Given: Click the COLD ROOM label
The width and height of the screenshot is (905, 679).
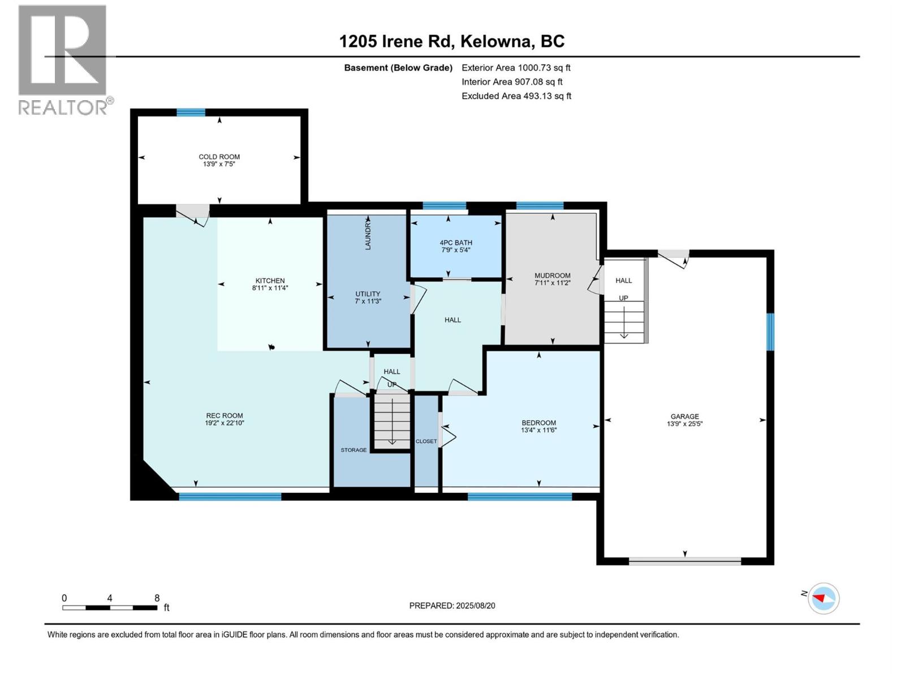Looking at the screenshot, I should (x=219, y=157).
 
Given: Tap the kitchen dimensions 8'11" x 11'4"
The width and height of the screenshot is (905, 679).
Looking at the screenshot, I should (x=270, y=288).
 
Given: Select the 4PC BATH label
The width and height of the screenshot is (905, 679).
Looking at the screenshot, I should (x=456, y=242).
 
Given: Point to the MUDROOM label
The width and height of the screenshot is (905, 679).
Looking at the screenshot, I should (x=552, y=276).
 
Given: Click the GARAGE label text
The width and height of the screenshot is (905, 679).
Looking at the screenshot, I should (x=684, y=416).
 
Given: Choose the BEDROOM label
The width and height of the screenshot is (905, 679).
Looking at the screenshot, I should (x=538, y=423).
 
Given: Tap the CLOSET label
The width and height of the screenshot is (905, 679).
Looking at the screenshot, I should (x=426, y=441).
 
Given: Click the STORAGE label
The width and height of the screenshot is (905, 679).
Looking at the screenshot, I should (x=354, y=450).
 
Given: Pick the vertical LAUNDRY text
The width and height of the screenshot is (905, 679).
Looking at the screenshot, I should (x=368, y=235).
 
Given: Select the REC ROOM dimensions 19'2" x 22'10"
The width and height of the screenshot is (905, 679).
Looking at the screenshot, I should (x=225, y=423).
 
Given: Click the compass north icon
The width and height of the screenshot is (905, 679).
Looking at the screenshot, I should (x=823, y=598).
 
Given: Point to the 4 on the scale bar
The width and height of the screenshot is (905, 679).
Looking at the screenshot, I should (x=110, y=598).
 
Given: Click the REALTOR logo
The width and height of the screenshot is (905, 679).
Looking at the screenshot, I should (x=63, y=59).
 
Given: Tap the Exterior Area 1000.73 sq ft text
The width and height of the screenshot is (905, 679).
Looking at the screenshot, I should (x=516, y=67).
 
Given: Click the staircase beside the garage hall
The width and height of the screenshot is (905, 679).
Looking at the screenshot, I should (x=624, y=321).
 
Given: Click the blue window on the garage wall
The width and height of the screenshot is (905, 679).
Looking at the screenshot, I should (x=770, y=332).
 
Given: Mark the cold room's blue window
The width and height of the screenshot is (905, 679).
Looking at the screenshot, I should (x=191, y=113).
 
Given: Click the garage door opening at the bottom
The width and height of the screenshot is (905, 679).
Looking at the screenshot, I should (x=684, y=562).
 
